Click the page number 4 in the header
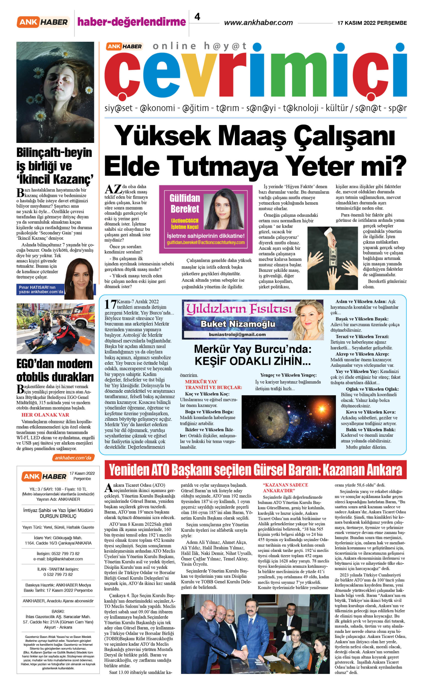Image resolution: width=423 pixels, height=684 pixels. (197, 17)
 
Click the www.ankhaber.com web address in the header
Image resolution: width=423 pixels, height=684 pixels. (258, 23)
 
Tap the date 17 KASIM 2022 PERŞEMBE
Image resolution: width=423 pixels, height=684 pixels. (372, 23)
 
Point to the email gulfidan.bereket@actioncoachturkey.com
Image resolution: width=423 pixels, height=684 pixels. (206, 243)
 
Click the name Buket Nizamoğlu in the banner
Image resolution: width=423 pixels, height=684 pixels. (238, 324)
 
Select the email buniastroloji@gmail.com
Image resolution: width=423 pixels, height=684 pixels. (237, 334)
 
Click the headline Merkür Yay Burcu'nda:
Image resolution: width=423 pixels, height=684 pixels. (253, 349)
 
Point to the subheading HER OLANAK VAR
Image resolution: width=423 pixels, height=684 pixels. (45, 415)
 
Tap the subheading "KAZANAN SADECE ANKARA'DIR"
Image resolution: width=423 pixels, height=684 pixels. (286, 488)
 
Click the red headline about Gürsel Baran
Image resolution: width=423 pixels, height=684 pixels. (255, 470)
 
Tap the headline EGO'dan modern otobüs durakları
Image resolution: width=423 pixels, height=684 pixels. (55, 370)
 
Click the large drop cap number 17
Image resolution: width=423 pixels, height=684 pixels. (110, 305)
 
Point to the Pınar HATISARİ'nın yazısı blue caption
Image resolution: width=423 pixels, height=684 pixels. (41, 289)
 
